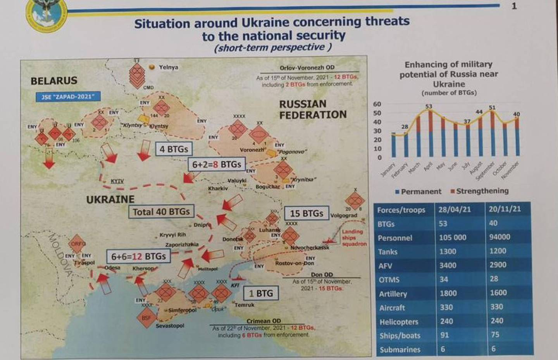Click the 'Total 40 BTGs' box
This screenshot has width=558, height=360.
click(x=161, y=212)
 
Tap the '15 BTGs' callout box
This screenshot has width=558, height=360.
click(x=306, y=214)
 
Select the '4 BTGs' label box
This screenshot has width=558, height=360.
click(x=174, y=149)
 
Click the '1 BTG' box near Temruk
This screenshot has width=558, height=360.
click(x=260, y=293)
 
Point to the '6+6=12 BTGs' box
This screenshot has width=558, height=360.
click(x=138, y=257)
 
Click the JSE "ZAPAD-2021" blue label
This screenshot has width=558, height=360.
click(x=68, y=97)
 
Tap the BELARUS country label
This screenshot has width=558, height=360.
click(x=54, y=81)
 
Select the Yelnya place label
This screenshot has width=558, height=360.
click(x=168, y=67)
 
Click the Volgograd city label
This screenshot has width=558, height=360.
click(x=344, y=215)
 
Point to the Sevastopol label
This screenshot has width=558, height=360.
click(x=170, y=326)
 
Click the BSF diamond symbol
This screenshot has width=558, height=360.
click(x=146, y=318)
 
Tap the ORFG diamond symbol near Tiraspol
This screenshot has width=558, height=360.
click(x=77, y=244)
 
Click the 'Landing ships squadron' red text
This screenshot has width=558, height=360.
click(x=353, y=238)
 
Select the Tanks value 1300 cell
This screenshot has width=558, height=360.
click(x=448, y=251)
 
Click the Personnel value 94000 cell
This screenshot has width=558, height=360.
click(x=499, y=237)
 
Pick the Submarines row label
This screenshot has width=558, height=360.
click(x=400, y=350)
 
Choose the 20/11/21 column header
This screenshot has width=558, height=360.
click(x=505, y=209)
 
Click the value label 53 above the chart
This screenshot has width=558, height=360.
click(x=428, y=106)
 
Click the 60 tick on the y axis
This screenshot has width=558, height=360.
click(x=377, y=104)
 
